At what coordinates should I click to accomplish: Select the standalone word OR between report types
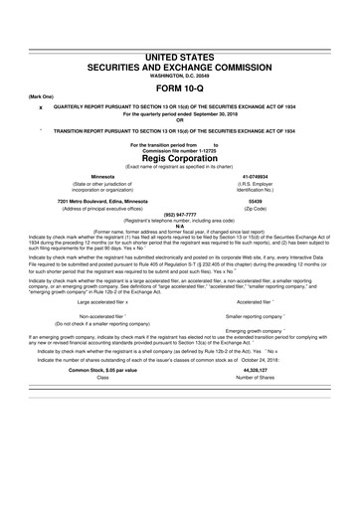(x=179, y=120)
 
